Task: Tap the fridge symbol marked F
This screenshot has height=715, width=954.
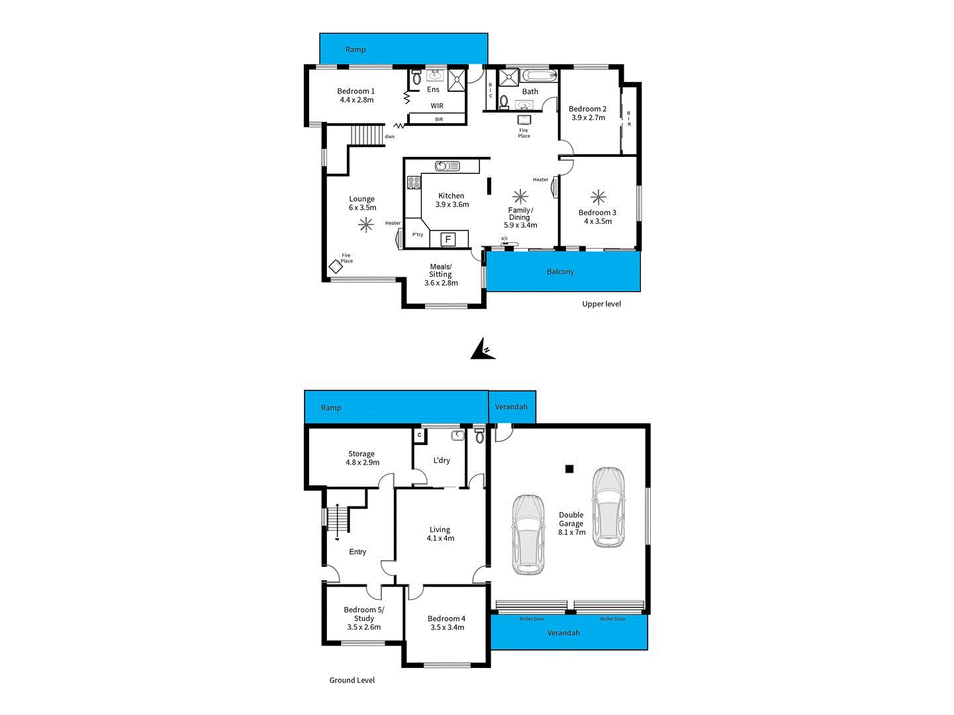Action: click(448, 239)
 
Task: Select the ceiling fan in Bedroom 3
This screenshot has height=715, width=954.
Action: click(598, 197)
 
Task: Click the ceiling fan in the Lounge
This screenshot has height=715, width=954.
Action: click(366, 225)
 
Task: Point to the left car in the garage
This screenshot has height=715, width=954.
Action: click(528, 534)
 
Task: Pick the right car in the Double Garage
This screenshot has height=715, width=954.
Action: click(608, 507)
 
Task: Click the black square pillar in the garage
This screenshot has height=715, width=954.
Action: click(569, 469)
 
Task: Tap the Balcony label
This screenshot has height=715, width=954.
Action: click(560, 272)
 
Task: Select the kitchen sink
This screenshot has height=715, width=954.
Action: click(447, 166)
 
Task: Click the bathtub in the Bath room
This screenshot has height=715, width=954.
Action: click(540, 75)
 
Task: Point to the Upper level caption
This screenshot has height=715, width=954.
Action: click(601, 304)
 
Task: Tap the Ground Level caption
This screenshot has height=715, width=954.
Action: click(352, 680)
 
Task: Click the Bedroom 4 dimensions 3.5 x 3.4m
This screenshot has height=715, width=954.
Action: click(447, 628)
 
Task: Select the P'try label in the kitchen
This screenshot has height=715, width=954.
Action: click(418, 235)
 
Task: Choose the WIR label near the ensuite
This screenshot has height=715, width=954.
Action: click(437, 106)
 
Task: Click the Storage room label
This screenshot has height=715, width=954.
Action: click(361, 454)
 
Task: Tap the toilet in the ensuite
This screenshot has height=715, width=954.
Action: click(416, 78)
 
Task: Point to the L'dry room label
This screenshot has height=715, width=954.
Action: click(442, 461)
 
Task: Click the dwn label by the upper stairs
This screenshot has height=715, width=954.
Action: click(390, 137)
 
